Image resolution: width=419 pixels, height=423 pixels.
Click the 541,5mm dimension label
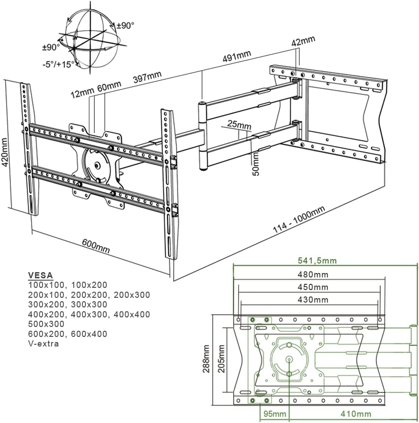(x=317, y=260)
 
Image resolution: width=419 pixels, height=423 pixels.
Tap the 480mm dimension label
(x=313, y=275)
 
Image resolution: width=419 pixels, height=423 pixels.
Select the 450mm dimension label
(x=313, y=287)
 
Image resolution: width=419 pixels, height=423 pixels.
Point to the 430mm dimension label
(x=313, y=300)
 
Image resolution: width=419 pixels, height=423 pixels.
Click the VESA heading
(x=40, y=275)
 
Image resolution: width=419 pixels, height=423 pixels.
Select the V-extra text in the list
(x=43, y=343)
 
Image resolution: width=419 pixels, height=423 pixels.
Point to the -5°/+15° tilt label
(x=59, y=64)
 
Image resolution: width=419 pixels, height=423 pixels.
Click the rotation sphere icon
(x=91, y=39)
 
